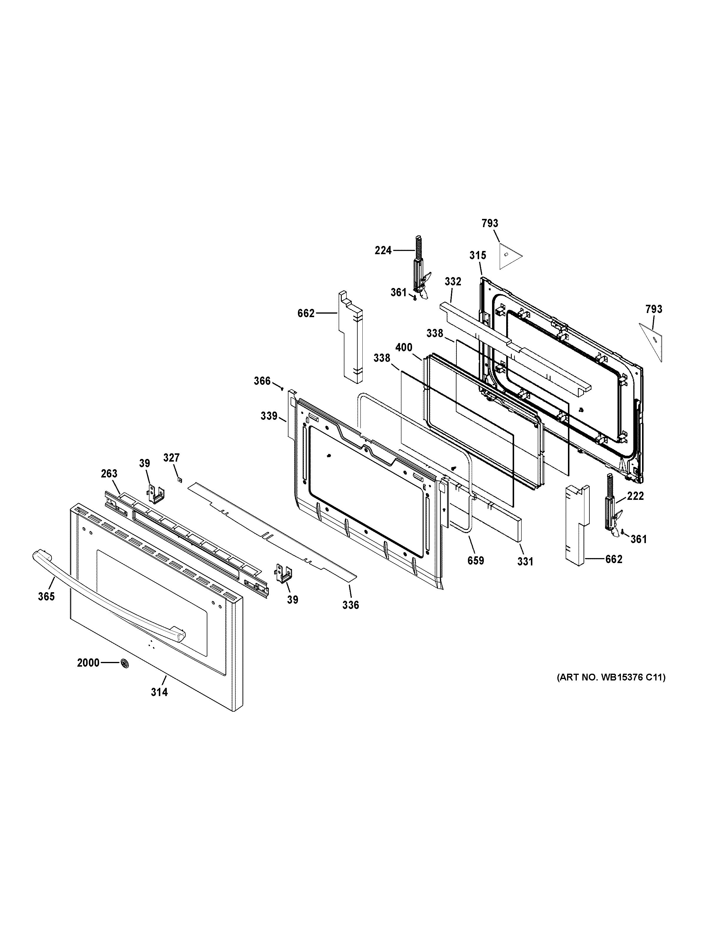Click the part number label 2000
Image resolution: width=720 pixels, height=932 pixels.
coord(88,663)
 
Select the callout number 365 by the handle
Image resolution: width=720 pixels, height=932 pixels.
coord(46,597)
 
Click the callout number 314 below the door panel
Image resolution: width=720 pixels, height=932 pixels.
coord(159,692)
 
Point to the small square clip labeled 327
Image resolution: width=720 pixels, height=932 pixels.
coord(180,480)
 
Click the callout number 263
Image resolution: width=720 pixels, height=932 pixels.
coord(109,474)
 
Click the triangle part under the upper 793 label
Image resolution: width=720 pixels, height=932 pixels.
coord(509,256)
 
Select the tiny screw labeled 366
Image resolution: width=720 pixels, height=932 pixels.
coord(282,388)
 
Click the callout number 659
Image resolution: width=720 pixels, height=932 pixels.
coord(476,560)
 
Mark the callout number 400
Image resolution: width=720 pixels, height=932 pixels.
coord(404,347)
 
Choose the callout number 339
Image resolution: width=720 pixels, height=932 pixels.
coord(269,416)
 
